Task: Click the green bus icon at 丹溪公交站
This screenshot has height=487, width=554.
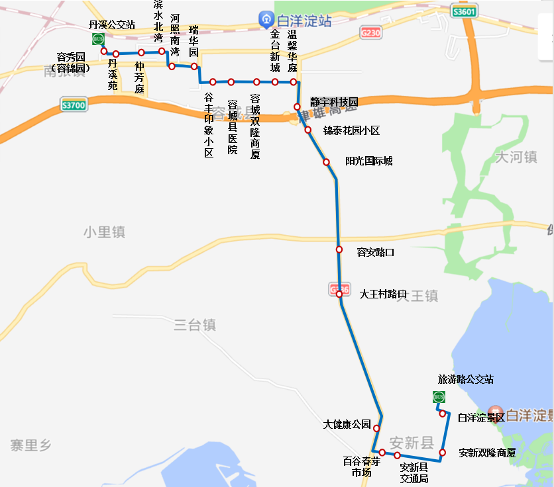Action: pos(98,39)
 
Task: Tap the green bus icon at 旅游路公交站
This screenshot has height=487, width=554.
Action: pos(438,397)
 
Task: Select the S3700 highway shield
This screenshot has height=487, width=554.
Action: pos(73,105)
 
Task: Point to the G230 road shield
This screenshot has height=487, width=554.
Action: pos(371,32)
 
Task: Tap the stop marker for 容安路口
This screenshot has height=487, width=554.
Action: pos(339,249)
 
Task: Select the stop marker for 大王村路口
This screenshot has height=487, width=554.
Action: pos(339,294)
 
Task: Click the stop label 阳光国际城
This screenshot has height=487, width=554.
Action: pos(368,161)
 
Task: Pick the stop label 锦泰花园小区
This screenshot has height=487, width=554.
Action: pos(351,130)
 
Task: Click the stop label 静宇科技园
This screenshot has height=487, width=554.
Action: pos(334,102)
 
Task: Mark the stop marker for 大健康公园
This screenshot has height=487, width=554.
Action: pos(378,428)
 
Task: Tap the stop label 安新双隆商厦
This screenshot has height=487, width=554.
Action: pos(487,453)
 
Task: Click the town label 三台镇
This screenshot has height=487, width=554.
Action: pos(195,325)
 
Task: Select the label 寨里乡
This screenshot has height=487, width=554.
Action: pos(30,445)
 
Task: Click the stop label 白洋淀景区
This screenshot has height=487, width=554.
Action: pos(481,418)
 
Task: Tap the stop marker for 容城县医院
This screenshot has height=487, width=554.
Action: pos(231,82)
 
